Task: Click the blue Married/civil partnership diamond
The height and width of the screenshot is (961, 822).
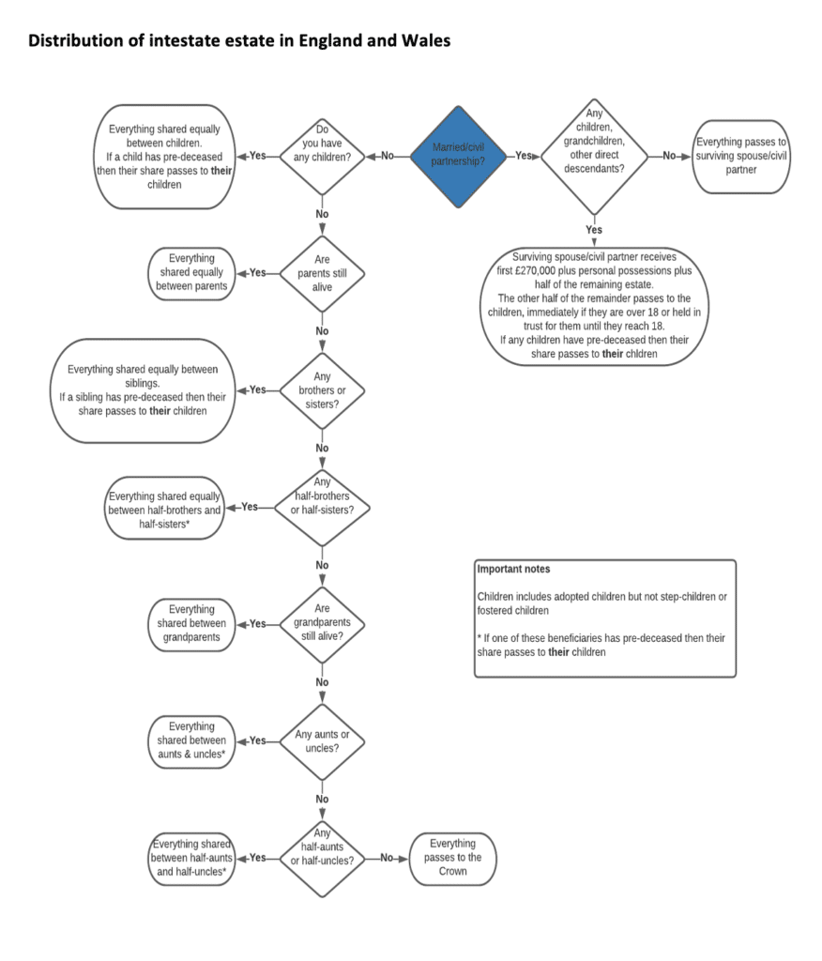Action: tap(457, 156)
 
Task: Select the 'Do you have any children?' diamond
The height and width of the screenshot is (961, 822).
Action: tap(322, 156)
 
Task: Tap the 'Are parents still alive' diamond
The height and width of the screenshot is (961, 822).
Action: tap(322, 273)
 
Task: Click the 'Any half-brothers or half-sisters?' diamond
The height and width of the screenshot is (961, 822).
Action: tap(322, 508)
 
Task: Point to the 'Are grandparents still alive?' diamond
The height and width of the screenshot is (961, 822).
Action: tap(322, 624)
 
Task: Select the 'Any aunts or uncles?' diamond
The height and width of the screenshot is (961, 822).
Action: tap(322, 740)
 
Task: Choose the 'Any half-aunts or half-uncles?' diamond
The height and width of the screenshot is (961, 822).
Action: tap(322, 857)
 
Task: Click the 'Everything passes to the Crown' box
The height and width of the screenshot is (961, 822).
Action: tap(453, 857)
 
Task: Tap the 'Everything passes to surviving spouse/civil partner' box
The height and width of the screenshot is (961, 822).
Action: tap(738, 156)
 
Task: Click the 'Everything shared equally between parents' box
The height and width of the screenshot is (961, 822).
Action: tap(190, 273)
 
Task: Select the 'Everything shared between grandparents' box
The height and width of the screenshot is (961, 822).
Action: tap(190, 624)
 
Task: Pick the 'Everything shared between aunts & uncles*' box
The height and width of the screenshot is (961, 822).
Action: tap(190, 740)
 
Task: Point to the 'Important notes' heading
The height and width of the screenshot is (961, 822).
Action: tap(513, 570)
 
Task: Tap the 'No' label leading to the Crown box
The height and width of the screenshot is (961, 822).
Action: tap(388, 858)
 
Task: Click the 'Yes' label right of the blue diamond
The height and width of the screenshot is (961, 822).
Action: tap(525, 156)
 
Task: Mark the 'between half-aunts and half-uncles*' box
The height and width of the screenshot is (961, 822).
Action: tap(190, 857)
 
